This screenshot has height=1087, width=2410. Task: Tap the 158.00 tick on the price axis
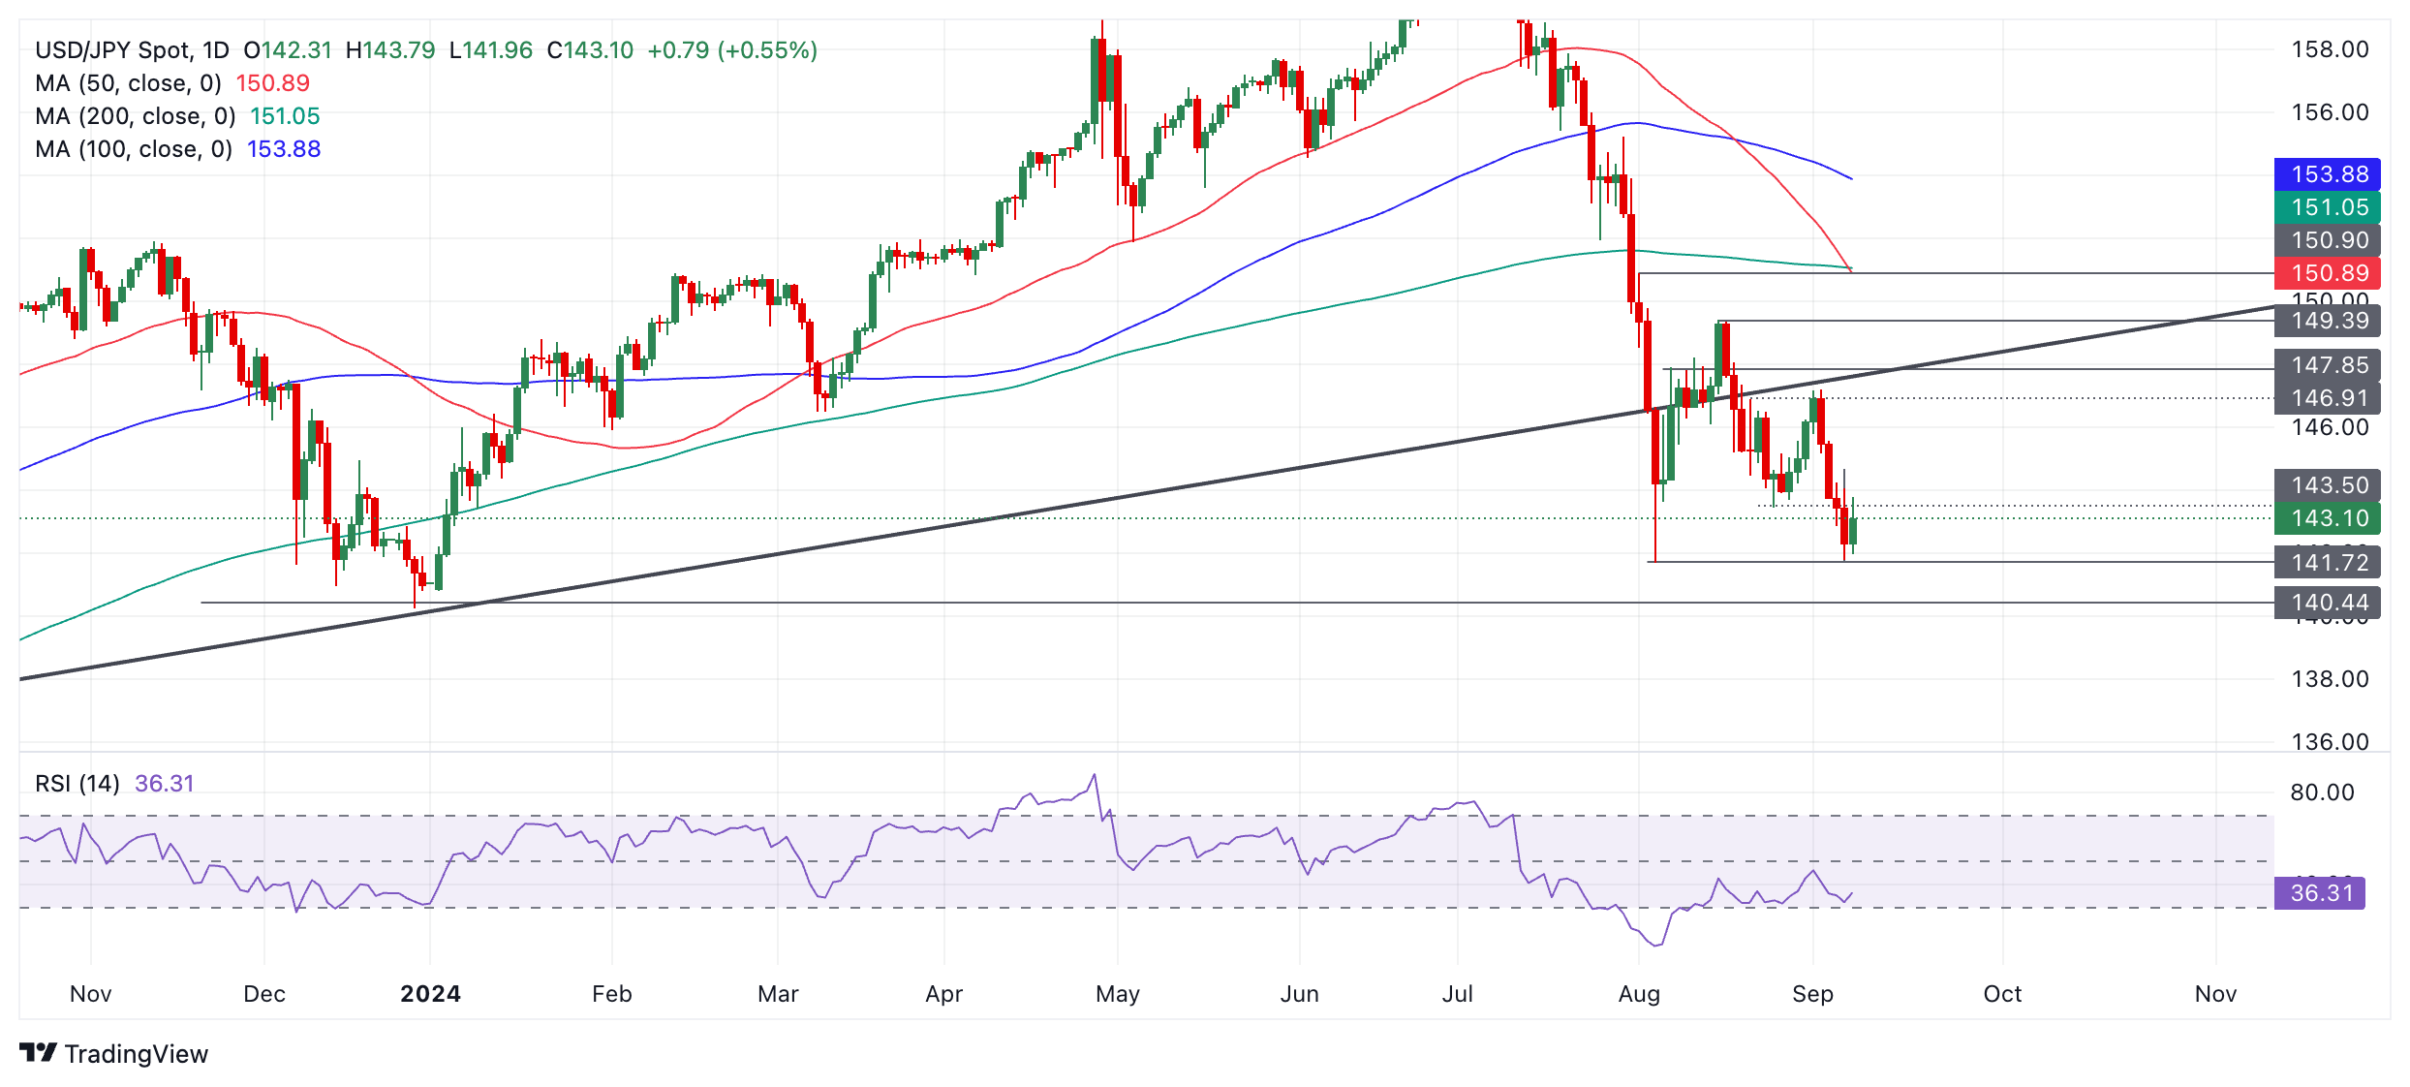(x=2330, y=49)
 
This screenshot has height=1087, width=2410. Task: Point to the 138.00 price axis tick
(x=2330, y=679)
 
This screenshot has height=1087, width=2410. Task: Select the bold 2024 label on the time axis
(x=430, y=994)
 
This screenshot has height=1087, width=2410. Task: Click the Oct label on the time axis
(x=2002, y=994)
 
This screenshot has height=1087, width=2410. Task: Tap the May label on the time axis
(x=1117, y=994)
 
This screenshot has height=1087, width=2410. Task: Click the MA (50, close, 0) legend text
(x=128, y=83)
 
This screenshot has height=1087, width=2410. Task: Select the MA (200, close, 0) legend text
(x=135, y=116)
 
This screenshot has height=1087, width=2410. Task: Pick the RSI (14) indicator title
(x=77, y=783)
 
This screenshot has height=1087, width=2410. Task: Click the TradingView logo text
(x=136, y=1054)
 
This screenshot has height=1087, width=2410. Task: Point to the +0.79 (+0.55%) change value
(x=732, y=50)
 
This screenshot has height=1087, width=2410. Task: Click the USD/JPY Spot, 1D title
(x=132, y=50)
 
